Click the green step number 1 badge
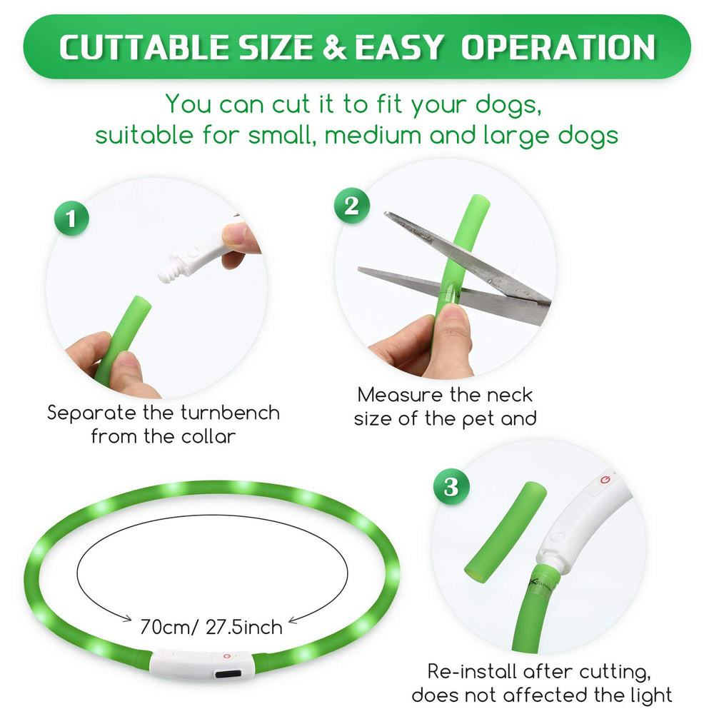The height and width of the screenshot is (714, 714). tap(71, 218)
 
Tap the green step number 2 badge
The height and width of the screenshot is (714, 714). tap(351, 206)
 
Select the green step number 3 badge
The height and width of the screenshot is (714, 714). tap(451, 486)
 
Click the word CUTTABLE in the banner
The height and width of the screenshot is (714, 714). tap(144, 47)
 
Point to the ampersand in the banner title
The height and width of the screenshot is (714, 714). tap(335, 47)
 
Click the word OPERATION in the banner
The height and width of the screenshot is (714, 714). tap(558, 47)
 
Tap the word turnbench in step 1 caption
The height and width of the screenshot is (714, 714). tap(231, 413)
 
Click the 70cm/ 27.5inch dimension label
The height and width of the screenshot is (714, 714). tap(211, 627)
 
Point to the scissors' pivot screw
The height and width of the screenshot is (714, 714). tap(491, 281)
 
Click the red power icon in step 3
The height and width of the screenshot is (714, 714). tap(605, 480)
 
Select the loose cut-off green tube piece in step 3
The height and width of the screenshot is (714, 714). tap(506, 533)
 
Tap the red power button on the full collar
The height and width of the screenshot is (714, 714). tap(227, 656)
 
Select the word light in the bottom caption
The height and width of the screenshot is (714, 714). tap(648, 695)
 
